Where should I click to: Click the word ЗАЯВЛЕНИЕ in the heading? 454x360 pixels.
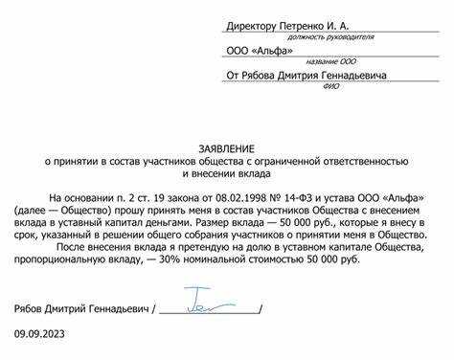(226, 147)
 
